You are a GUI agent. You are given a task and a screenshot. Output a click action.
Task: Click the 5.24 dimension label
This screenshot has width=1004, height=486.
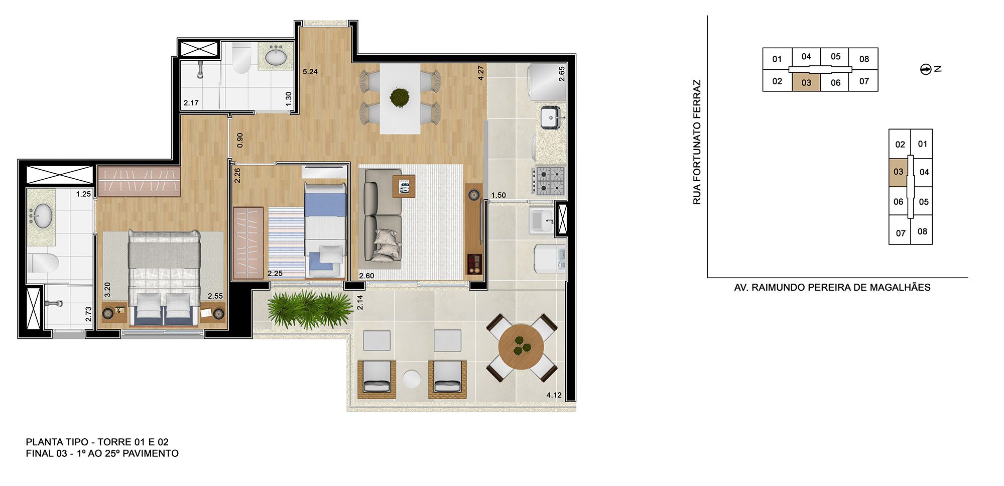(310, 72)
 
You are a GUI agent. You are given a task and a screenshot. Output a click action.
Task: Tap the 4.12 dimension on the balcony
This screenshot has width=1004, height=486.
(554, 395)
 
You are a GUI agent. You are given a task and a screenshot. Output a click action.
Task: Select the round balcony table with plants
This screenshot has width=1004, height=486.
(521, 346)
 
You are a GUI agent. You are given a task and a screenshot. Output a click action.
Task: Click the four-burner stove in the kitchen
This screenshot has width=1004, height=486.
(550, 181)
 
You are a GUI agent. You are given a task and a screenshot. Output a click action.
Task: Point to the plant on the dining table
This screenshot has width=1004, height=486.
(400, 97)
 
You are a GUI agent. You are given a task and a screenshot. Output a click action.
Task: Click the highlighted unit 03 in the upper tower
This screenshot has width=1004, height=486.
(806, 83)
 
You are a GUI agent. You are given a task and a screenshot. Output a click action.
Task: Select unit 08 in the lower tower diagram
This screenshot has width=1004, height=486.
(922, 231)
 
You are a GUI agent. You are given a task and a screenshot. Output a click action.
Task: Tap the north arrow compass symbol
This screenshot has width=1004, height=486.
(926, 69)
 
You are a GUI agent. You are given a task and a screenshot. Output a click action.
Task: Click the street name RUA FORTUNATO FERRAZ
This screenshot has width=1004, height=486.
(697, 142)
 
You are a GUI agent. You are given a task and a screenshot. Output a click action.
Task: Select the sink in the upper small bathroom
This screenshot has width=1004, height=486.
(276, 57)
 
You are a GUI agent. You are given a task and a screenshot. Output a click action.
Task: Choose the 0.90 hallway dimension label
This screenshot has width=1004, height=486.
(239, 140)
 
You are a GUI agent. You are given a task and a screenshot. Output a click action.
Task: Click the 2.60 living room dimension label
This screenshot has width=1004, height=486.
(366, 276)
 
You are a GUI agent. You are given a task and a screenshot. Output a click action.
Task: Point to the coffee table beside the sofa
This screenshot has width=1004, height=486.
(404, 187)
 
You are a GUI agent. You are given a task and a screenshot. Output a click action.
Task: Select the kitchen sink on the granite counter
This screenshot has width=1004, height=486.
(551, 118)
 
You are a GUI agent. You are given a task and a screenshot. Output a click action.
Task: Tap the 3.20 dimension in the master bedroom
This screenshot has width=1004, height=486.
(107, 290)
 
